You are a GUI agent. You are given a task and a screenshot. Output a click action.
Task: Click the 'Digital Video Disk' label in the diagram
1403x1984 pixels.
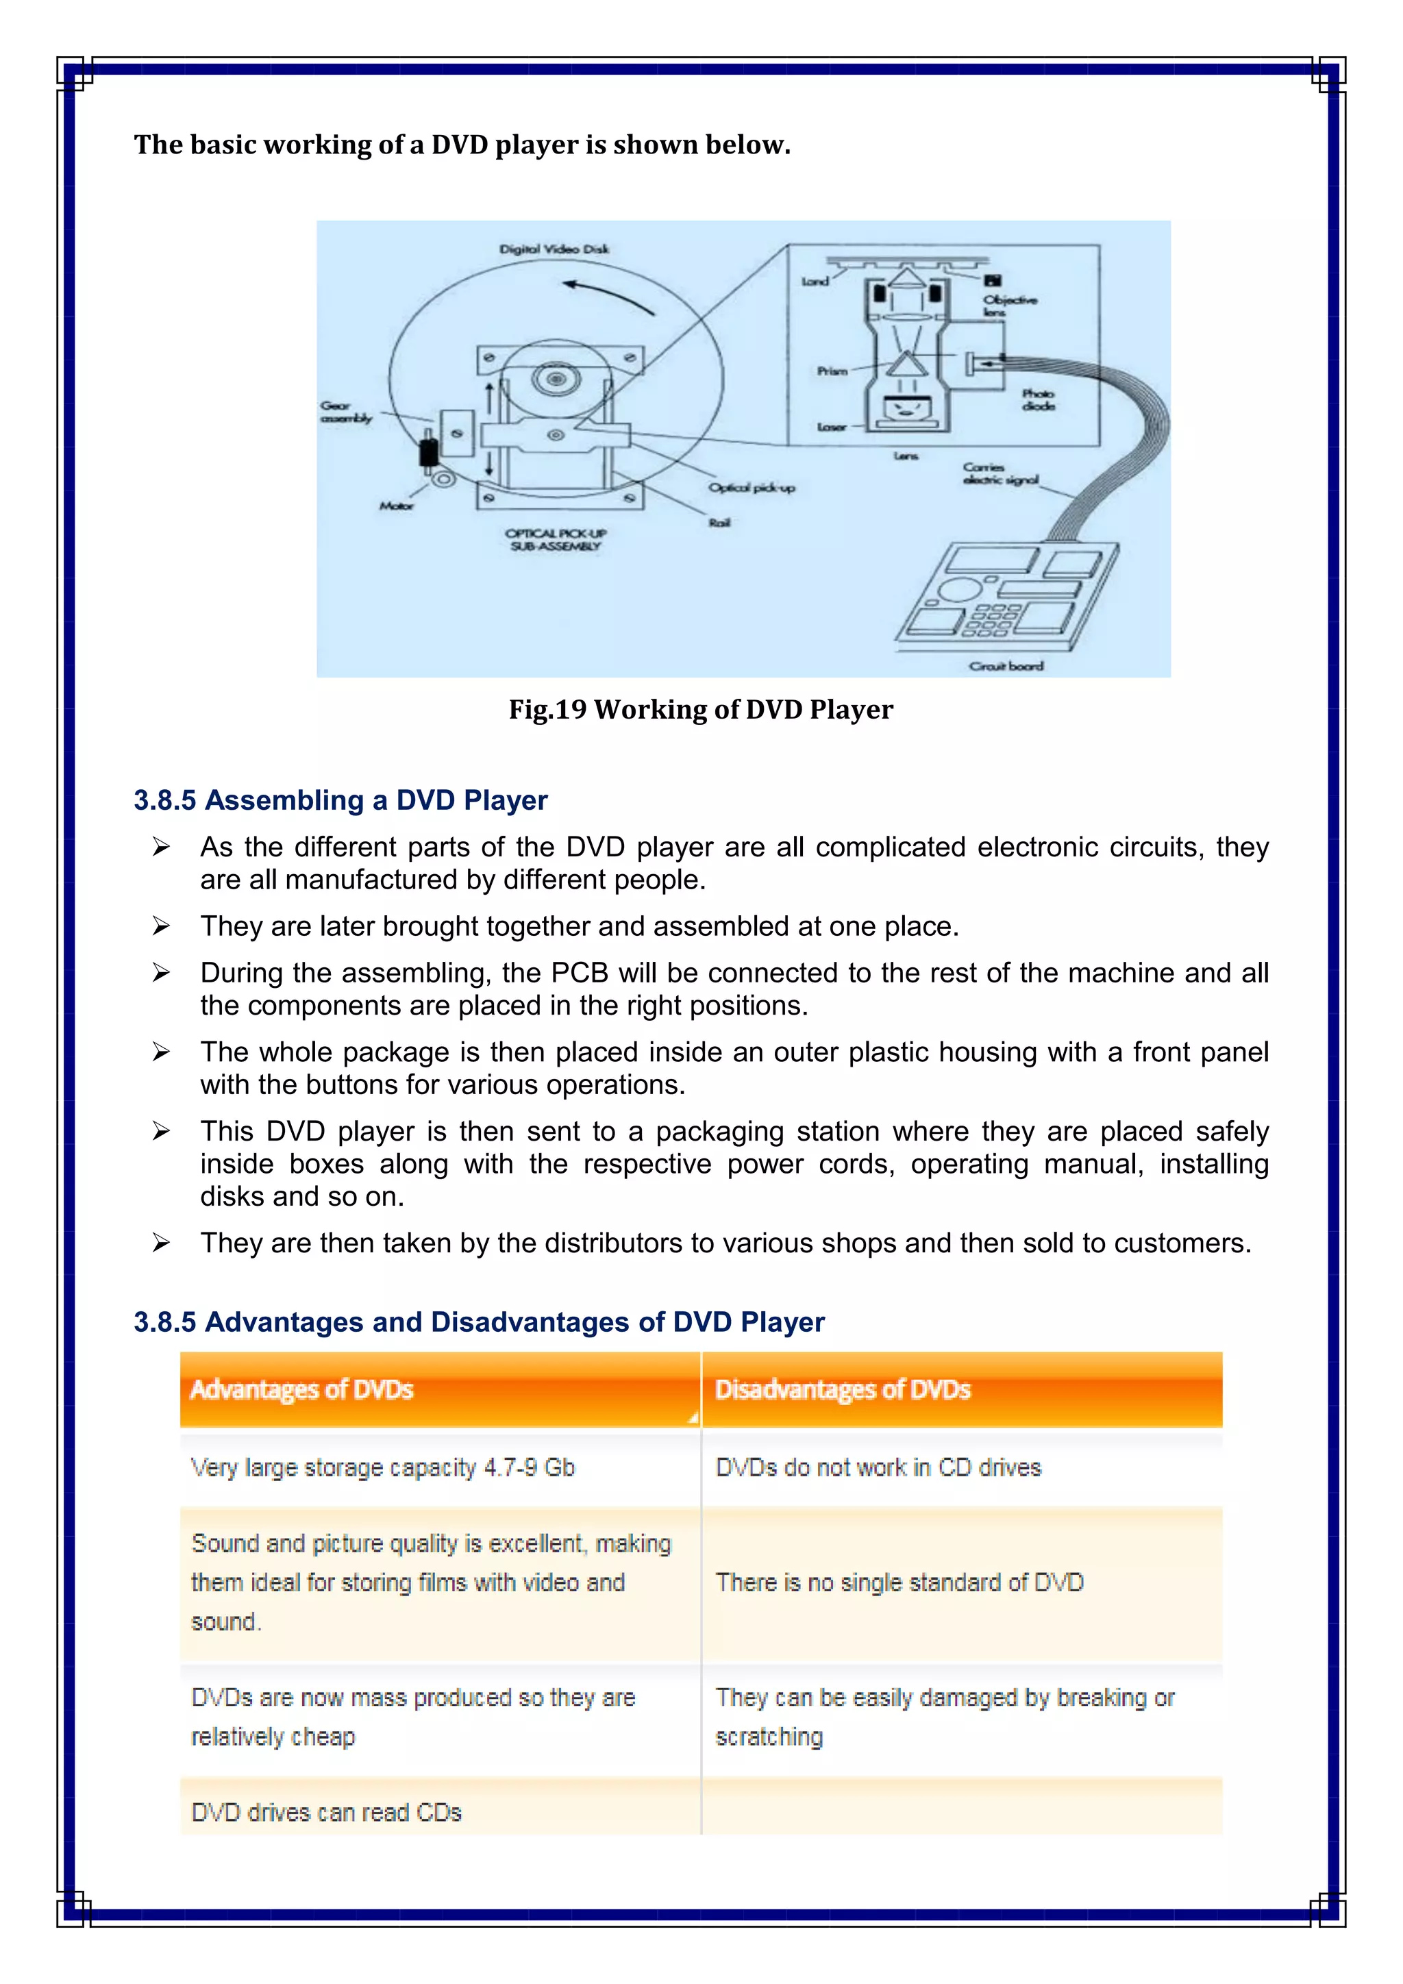[554, 249]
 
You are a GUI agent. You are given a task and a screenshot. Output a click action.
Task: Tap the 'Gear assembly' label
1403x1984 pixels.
[345, 412]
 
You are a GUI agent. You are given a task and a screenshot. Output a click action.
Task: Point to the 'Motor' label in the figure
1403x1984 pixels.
[397, 506]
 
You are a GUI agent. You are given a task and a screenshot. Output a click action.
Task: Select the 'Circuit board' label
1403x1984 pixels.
[1006, 665]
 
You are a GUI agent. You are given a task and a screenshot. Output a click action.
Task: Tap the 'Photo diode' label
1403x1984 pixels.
[1038, 399]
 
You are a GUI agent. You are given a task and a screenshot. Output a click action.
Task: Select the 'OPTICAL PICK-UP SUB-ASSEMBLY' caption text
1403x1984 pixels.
[556, 539]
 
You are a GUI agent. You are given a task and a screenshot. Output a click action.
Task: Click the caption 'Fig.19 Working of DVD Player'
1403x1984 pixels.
[701, 710]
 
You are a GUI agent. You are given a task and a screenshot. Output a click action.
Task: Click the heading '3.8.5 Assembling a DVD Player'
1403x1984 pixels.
[340, 800]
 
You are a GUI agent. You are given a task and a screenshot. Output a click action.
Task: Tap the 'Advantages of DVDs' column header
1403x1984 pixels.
[301, 1389]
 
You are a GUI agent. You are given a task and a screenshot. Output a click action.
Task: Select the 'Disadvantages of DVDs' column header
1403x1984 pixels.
[843, 1389]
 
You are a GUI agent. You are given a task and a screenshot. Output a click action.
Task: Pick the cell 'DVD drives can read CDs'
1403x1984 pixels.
[327, 1812]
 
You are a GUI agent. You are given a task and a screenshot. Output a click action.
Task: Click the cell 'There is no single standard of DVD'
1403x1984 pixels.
[899, 1582]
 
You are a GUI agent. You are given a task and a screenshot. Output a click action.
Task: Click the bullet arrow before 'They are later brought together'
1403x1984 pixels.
[162, 926]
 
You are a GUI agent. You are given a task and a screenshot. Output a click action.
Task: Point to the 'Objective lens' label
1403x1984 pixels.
[1009, 305]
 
